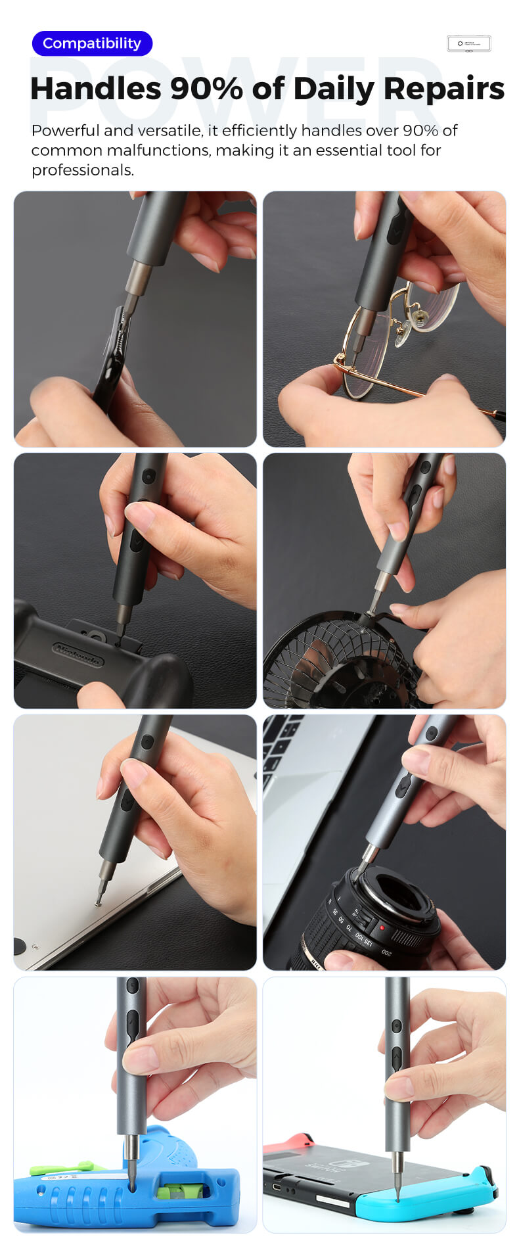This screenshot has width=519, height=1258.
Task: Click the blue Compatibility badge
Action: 92,43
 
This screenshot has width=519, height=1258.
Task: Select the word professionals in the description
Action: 82,170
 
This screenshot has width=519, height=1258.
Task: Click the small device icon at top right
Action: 468,43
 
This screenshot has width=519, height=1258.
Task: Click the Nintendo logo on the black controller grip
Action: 78,654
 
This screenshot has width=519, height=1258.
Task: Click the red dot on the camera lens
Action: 382,928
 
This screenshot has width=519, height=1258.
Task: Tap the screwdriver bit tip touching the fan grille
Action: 369,611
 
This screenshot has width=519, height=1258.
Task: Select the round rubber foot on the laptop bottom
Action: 19,946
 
